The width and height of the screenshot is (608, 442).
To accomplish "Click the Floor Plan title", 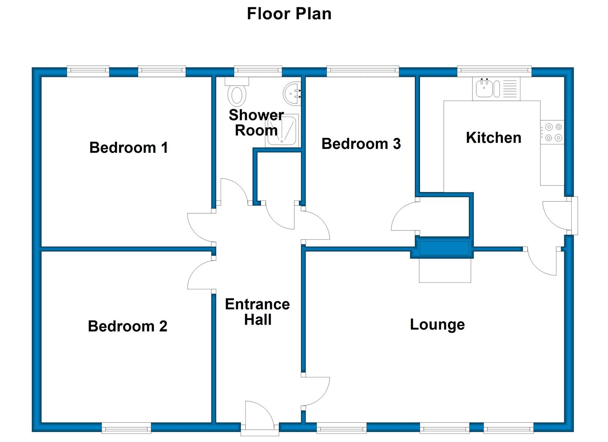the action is (289, 14).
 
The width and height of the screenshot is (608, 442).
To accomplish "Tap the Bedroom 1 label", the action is (129, 148).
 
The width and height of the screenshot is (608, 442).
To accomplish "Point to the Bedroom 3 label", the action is (361, 144).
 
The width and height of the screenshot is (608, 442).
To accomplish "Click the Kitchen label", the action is (493, 138).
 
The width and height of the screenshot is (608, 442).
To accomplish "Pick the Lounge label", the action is (437, 325).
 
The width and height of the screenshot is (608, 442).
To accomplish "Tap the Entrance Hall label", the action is (257, 311).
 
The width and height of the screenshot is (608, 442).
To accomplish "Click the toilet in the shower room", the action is (237, 92).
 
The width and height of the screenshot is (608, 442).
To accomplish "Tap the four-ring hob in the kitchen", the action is (552, 133).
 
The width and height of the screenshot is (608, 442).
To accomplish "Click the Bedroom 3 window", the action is (363, 71).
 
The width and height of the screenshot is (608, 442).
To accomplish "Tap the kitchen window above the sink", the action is (494, 71).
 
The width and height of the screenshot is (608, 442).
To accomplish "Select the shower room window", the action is (258, 71).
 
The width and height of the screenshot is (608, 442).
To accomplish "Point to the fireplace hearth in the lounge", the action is (445, 270).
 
